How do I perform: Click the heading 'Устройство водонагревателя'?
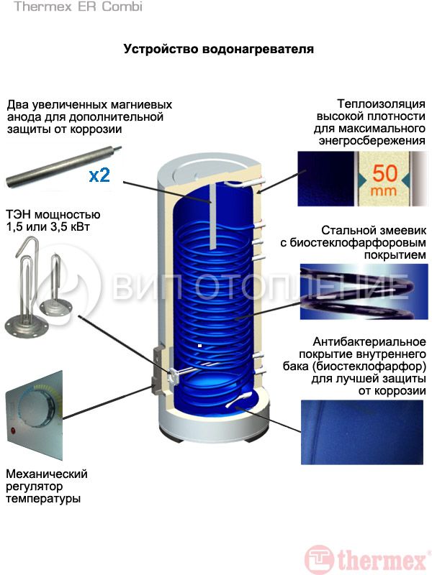coord(219,49)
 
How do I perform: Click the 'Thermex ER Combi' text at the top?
coord(78,6)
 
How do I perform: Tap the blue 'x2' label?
coord(99,175)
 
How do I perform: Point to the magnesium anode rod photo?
coord(63,166)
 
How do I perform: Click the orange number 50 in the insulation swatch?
coord(384,173)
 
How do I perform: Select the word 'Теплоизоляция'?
coord(382,103)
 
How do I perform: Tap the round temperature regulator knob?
coord(35,406)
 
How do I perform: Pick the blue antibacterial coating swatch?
coord(362,432)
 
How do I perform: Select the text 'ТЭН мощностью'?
coord(53,214)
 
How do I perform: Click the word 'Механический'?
coord(47,474)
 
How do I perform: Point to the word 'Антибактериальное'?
coord(369,342)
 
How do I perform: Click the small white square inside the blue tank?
coord(200,346)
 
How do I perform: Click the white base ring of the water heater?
coord(213,422)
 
